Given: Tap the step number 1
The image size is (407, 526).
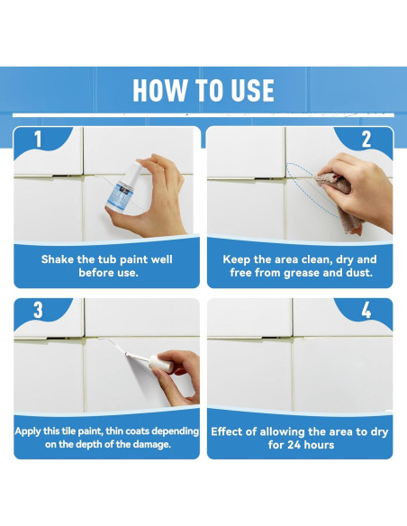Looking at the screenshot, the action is tap(38, 139).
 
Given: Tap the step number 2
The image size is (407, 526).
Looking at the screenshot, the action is tap(366, 140).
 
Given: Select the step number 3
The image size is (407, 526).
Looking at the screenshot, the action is tap(38, 310).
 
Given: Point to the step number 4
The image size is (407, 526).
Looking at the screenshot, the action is tap(366, 311).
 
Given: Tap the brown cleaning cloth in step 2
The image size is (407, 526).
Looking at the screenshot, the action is tap(338, 200).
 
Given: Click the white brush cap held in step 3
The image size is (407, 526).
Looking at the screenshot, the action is tap(161, 363).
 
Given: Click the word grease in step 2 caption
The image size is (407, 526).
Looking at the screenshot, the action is tap(302, 273).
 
